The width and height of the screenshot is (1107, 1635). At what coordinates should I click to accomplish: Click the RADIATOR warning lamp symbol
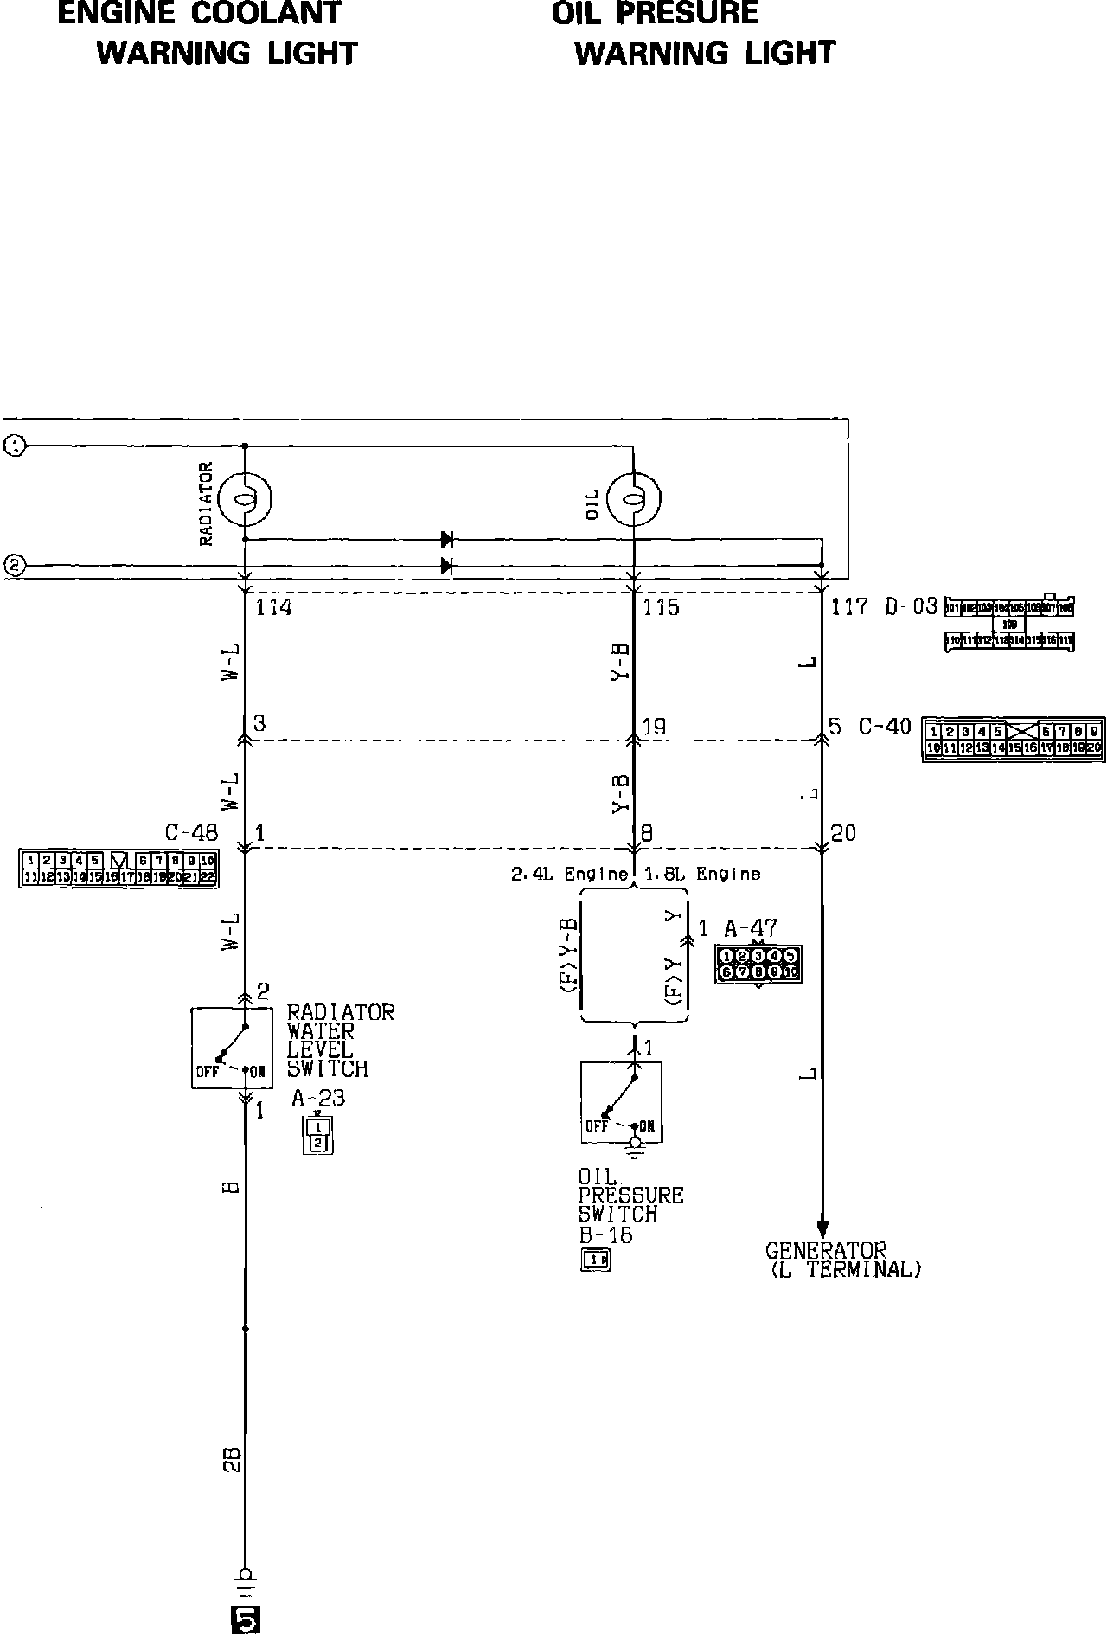246,499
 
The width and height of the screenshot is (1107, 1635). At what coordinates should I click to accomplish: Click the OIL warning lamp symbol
635,499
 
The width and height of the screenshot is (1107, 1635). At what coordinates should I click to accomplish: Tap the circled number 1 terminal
15,446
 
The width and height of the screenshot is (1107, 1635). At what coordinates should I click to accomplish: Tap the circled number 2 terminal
15,567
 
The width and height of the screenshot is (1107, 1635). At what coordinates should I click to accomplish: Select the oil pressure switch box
621,1102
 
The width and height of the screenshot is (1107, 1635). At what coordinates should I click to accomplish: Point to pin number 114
273,608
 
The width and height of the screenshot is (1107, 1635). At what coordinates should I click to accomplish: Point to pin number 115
662,608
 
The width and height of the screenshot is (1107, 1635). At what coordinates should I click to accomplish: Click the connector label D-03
911,607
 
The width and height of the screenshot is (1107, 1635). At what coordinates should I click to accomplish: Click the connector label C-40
885,727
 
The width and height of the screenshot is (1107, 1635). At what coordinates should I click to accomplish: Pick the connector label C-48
192,832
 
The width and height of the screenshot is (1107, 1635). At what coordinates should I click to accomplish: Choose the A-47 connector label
751,929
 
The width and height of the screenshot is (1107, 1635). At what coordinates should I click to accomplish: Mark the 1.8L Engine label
702,875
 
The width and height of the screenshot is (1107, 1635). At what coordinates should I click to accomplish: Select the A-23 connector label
318,1099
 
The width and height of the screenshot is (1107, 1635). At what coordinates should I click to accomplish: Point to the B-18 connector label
605,1235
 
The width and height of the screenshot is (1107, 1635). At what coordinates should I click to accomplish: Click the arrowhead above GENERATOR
822,1228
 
